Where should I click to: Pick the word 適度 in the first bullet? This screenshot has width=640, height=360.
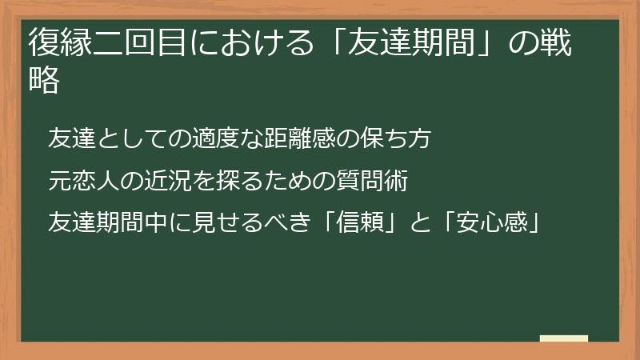(214, 138)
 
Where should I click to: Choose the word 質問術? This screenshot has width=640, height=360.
(376, 182)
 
